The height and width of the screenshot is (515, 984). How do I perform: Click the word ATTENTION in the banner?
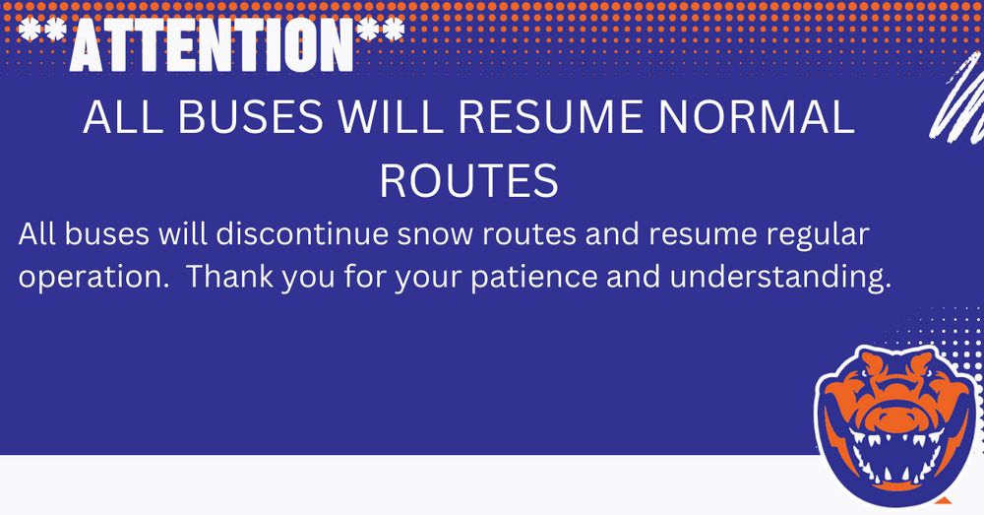click(212, 44)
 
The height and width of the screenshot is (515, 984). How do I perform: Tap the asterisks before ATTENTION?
click(43, 31)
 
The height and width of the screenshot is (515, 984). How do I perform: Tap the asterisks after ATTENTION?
click(380, 31)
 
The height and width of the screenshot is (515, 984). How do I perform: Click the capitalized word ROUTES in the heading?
click(468, 181)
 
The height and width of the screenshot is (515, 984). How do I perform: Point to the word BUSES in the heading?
click(250, 117)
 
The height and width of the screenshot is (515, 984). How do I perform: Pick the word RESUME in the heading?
click(550, 117)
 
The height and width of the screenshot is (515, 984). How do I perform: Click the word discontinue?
click(302, 233)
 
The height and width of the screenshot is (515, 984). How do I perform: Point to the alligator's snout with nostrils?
click(895, 416)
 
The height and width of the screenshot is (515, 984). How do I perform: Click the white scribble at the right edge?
click(957, 97)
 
